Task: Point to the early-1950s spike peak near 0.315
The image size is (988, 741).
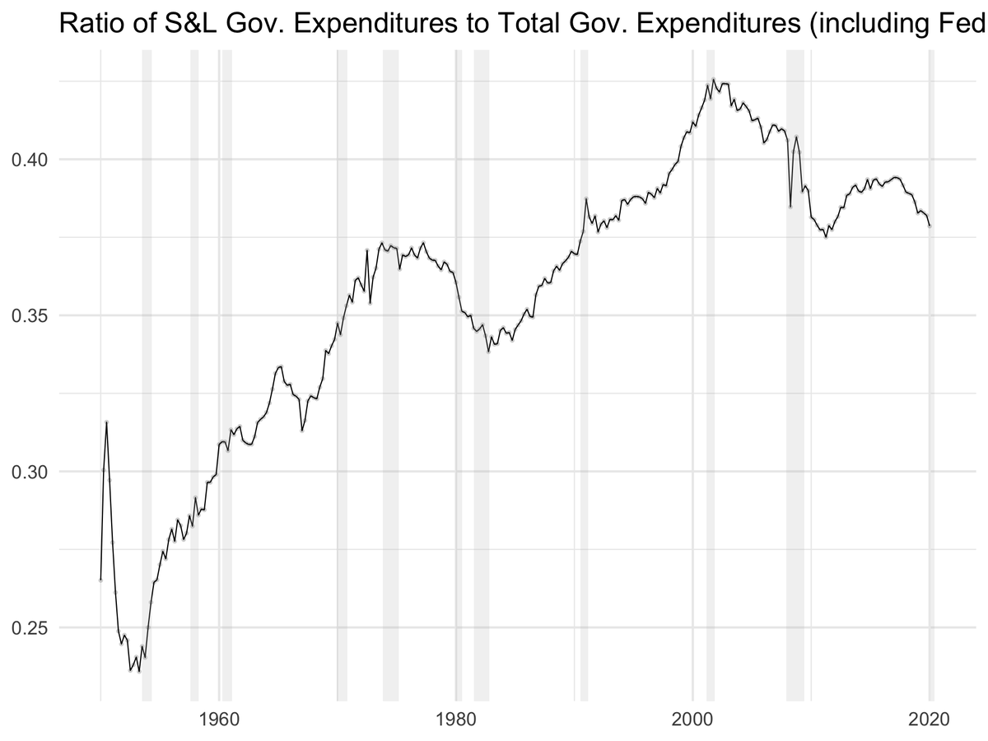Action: [106, 422]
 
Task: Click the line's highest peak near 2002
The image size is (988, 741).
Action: [713, 80]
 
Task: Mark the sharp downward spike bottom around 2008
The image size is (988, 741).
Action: [790, 207]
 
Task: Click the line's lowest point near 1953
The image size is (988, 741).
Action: [139, 672]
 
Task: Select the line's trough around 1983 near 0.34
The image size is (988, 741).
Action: [488, 352]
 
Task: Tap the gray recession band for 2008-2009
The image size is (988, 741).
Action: [795, 370]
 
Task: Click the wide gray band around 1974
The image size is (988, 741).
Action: [390, 370]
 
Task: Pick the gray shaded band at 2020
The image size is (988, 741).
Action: [931, 370]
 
